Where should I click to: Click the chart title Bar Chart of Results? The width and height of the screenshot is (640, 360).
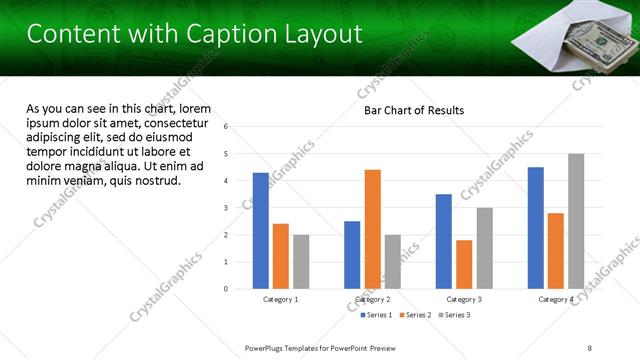(413, 110)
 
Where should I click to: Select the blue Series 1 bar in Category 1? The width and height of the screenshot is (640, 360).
(261, 231)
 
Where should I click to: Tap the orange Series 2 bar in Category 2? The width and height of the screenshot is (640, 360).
(372, 229)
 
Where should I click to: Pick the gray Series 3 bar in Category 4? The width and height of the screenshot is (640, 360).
(576, 221)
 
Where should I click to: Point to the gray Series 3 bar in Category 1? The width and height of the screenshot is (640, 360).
(301, 262)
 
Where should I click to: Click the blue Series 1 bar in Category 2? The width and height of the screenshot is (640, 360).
(352, 255)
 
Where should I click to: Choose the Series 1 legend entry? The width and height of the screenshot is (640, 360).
(377, 315)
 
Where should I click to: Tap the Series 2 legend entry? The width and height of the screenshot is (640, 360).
(415, 315)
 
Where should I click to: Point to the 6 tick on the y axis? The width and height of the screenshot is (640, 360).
(227, 127)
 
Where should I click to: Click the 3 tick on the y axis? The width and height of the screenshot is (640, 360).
(227, 208)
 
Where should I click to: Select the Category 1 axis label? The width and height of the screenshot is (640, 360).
(281, 299)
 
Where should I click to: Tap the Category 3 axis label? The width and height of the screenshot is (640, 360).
(464, 299)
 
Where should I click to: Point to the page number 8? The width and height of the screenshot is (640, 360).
(590, 347)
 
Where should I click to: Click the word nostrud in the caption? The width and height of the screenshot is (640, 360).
(153, 181)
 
